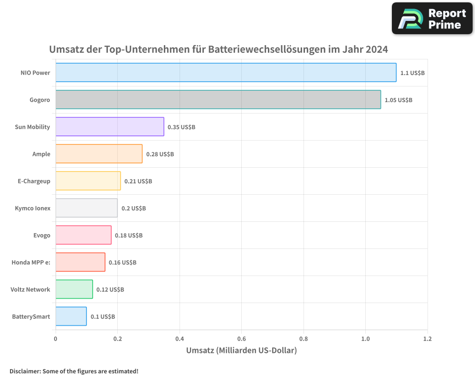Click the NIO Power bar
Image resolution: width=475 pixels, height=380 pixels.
tap(226, 73)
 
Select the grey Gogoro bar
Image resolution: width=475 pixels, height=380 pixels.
tap(218, 100)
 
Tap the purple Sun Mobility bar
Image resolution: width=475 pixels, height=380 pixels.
tap(110, 127)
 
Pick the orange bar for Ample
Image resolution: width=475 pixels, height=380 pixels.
tap(99, 154)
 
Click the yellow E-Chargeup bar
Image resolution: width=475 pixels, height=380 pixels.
tap(88, 181)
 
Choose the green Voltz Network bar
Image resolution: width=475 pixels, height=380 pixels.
tap(74, 289)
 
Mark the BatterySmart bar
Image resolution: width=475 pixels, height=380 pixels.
tap(71, 316)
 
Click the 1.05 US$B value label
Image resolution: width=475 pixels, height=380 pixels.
tap(399, 100)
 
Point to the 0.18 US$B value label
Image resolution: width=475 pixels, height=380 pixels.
tap(129, 236)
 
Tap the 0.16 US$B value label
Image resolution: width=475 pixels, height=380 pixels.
tap(123, 263)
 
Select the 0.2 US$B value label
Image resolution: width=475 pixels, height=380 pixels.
tap(133, 209)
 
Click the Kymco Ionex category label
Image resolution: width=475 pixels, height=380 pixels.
tap(32, 209)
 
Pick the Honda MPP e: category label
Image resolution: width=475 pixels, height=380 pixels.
tap(31, 263)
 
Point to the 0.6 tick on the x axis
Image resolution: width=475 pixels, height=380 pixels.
tap(241, 339)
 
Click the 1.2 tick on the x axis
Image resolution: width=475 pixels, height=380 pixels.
tap(427, 339)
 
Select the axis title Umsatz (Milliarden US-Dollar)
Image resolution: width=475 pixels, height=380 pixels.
tap(241, 351)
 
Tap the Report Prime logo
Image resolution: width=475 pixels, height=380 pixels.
tap(432, 19)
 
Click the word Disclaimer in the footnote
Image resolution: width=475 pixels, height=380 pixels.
tap(25, 371)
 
